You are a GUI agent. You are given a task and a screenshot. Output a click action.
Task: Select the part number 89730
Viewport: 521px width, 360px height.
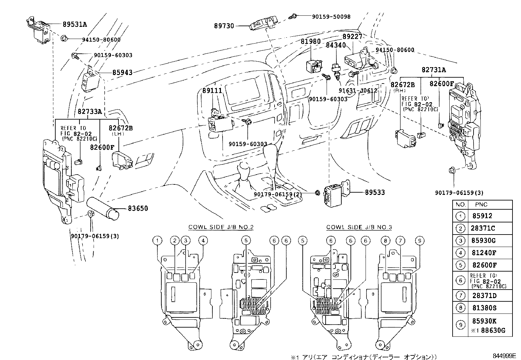point(224,26)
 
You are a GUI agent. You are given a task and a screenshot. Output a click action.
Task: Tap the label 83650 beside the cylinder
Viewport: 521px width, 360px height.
point(138,208)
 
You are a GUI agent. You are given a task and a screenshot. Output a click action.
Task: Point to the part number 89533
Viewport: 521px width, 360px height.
point(375,193)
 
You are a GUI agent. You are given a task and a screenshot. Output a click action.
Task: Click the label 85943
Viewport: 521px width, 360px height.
point(122,72)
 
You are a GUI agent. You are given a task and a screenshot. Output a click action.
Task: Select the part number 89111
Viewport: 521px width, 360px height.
point(212,91)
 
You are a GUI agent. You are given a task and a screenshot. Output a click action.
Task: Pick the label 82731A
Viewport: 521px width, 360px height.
point(434,70)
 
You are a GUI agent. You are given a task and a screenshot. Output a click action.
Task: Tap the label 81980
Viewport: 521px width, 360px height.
point(311,42)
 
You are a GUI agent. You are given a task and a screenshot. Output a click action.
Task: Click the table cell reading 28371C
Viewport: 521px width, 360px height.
point(484,228)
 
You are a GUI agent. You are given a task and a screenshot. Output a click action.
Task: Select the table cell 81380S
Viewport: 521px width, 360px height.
point(484,308)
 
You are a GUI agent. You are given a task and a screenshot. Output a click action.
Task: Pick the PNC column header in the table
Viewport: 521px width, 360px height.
point(481,205)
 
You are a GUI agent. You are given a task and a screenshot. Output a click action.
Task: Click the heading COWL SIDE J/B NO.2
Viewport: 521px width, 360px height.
point(221,227)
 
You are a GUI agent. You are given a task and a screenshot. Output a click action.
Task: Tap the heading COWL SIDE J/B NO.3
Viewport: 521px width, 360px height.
point(359,227)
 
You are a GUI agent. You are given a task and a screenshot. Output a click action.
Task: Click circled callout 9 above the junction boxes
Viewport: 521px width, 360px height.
point(419,241)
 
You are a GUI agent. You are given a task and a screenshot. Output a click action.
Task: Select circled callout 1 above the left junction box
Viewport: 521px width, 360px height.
point(157,241)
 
